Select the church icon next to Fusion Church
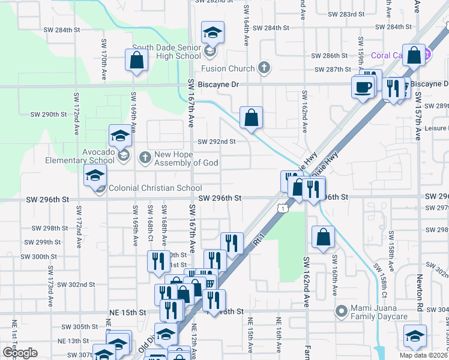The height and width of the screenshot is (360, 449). [x=264, y=68]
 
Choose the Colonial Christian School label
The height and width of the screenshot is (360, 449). [x=155, y=188]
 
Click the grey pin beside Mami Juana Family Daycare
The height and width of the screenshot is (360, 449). [x=342, y=311]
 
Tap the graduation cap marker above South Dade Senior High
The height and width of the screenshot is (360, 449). [x=212, y=32]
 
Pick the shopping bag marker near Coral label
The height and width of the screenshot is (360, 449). [x=414, y=55]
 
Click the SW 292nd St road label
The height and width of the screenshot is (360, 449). [x=217, y=142]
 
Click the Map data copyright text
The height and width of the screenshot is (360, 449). [x=423, y=355]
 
